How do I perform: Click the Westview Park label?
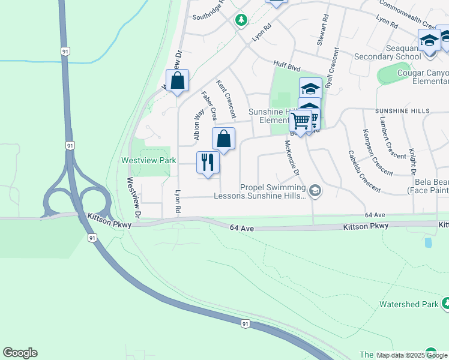coord(149,160)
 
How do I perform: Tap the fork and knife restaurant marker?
coord(208,163)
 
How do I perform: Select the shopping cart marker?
coord(300,121)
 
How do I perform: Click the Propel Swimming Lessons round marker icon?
coord(316,191)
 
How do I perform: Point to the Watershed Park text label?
coord(409,304)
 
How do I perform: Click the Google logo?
coord(20,353)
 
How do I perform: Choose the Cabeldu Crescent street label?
coord(364,171)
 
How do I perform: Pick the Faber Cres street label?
coord(208,106)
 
